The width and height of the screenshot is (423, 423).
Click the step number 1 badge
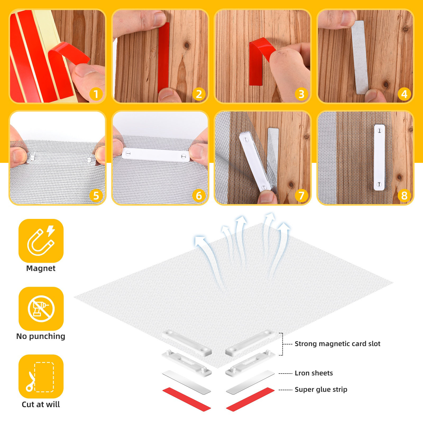96,94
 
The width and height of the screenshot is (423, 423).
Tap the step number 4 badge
404,94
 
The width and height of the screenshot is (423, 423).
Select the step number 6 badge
199,195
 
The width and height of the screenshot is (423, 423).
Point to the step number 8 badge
404,195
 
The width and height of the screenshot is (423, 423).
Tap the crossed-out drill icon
41,309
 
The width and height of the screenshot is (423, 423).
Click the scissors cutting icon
40,377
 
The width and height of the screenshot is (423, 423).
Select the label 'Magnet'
41,268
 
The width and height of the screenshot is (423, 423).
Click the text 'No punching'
41,336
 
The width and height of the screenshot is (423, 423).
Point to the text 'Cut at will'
41,404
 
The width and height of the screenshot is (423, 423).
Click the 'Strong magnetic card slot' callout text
337,344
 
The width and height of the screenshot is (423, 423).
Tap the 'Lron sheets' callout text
314,373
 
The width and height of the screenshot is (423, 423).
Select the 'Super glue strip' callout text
321,389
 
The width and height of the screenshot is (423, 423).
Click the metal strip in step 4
360,57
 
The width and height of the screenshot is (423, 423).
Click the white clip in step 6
156,155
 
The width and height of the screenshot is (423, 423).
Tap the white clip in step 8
379,157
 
